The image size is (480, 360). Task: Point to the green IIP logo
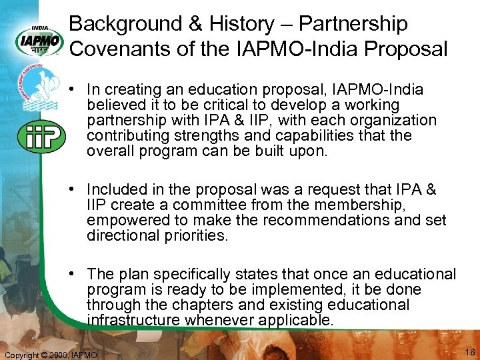41,137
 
